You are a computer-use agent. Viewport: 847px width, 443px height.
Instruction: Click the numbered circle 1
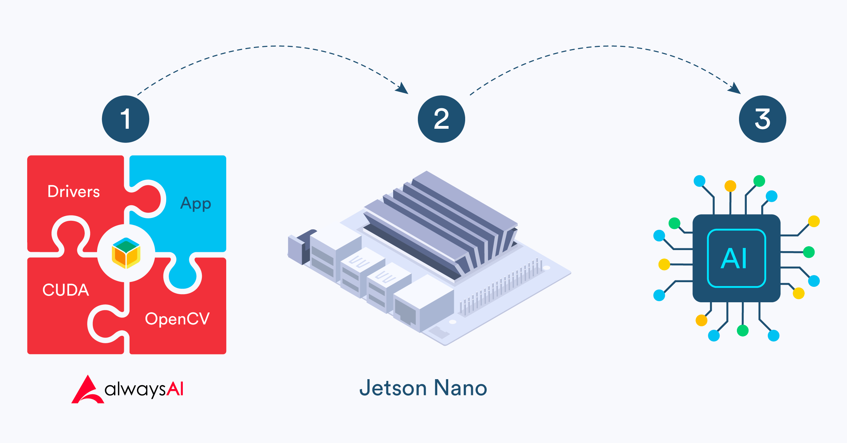tap(125, 119)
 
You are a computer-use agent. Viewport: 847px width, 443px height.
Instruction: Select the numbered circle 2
tap(441, 119)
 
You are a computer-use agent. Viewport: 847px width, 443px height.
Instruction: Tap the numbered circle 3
tap(762, 119)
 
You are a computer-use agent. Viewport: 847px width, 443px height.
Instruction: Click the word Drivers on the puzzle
tap(74, 192)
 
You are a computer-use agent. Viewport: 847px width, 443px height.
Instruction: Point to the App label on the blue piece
tap(196, 204)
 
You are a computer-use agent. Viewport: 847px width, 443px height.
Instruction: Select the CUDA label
tap(66, 290)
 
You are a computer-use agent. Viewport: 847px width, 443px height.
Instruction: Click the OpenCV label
tap(177, 319)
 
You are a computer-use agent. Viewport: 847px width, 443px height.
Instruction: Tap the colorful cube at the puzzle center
tap(126, 253)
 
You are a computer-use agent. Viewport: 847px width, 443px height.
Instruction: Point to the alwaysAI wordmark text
tap(144, 389)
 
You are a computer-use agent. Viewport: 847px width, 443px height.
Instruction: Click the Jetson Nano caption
tap(423, 388)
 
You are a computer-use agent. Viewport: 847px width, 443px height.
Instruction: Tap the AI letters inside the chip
tap(736, 258)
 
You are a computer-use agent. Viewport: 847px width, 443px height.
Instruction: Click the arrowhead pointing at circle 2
tap(403, 88)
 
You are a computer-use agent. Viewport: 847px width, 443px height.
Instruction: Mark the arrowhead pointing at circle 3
tap(735, 88)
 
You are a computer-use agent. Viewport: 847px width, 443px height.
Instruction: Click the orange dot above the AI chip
tap(730, 186)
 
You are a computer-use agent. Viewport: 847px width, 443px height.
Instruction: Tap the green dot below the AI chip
tap(743, 330)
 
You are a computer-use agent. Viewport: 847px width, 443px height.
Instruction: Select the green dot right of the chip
tap(809, 252)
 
